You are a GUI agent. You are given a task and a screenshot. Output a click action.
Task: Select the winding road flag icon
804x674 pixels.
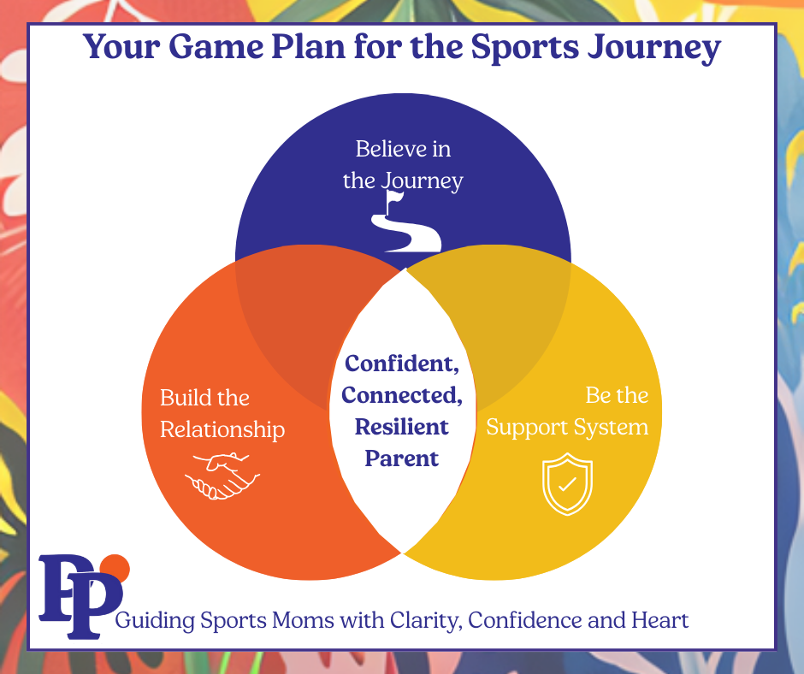pyautogui.click(x=405, y=222)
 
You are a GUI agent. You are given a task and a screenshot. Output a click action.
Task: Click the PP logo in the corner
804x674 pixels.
pyautogui.click(x=79, y=595)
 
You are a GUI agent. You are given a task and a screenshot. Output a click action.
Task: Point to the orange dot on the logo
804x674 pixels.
pyautogui.click(x=115, y=567)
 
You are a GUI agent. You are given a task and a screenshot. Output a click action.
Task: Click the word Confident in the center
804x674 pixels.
pyautogui.click(x=401, y=364)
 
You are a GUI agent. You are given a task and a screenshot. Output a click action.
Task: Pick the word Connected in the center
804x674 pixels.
pyautogui.click(x=402, y=395)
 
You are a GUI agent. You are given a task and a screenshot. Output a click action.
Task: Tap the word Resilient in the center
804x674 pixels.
pyautogui.click(x=402, y=426)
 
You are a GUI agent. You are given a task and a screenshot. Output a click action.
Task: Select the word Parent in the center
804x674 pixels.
pyautogui.click(x=402, y=458)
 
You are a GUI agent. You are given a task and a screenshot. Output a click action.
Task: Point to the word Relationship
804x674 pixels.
pyautogui.click(x=222, y=429)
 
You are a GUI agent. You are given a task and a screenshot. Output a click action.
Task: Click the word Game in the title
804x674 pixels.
pyautogui.click(x=208, y=49)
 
